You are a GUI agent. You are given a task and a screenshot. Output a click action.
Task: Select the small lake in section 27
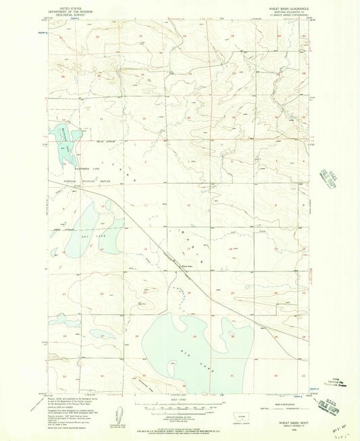pyautogui.click(x=105, y=335)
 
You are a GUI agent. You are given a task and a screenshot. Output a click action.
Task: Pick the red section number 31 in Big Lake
pyautogui.click(x=232, y=375)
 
